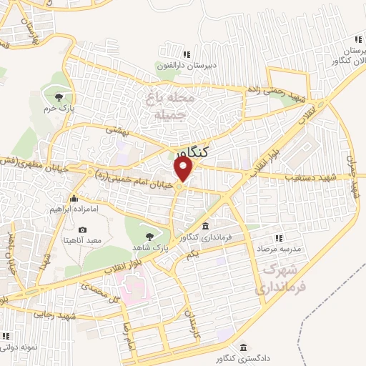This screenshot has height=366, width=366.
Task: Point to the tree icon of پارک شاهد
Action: tap(149, 236)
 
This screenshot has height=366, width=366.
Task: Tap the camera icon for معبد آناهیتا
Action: tap(84, 230)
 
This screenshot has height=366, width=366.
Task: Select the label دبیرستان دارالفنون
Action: tap(187, 64)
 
